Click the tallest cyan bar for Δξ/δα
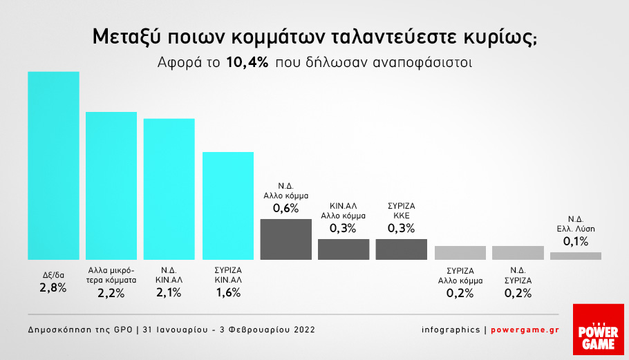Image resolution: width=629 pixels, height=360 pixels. pyautogui.click(x=53, y=165)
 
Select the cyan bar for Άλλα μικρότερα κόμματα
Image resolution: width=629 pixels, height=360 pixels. pyautogui.click(x=111, y=185)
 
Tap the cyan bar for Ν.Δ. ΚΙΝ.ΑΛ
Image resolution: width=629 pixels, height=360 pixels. pyautogui.click(x=169, y=189)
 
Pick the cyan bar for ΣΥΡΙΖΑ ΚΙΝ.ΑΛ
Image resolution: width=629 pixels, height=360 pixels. pyautogui.click(x=228, y=205)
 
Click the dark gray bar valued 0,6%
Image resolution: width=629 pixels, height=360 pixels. pyautogui.click(x=285, y=239)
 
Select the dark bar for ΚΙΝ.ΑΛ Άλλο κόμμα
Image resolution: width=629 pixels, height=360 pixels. pyautogui.click(x=344, y=249)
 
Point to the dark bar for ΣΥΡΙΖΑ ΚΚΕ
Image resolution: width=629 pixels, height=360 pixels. pyautogui.click(x=402, y=249)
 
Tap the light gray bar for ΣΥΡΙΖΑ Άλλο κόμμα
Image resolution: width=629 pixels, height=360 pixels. pyautogui.click(x=460, y=252)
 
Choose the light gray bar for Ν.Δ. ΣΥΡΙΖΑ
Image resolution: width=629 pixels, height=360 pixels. pyautogui.click(x=518, y=252)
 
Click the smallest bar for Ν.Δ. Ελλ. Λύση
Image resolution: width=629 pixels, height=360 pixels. pyautogui.click(x=576, y=256)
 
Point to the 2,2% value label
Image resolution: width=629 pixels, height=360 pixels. pyautogui.click(x=111, y=293)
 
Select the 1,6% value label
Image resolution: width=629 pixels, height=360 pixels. pyautogui.click(x=228, y=293)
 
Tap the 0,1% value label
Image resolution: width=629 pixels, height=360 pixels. pyautogui.click(x=576, y=240)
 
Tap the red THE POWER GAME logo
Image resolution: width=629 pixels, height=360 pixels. pyautogui.click(x=599, y=330)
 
